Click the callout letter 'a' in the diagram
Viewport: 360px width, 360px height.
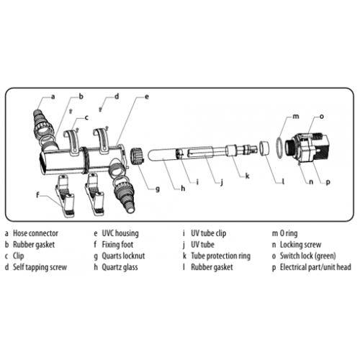(x=53, y=97)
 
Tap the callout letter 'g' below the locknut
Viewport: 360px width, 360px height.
(x=158, y=189)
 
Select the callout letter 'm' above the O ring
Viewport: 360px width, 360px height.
(x=296, y=117)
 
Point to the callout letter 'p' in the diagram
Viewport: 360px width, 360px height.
(x=328, y=182)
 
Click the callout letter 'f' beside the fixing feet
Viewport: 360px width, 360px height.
(x=37, y=195)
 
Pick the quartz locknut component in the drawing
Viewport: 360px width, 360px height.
(x=136, y=156)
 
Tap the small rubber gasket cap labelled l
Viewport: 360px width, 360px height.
(x=264, y=148)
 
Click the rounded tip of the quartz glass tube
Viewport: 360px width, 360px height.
(x=149, y=156)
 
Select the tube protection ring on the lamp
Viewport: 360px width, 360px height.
(x=232, y=150)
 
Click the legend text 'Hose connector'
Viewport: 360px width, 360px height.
(x=35, y=233)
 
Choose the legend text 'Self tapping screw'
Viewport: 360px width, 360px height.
(x=40, y=267)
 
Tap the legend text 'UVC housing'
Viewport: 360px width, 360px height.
(x=120, y=233)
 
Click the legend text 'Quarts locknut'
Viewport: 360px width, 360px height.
(x=123, y=256)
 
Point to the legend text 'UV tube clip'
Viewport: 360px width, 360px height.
(x=208, y=233)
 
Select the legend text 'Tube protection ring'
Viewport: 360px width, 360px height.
(x=220, y=256)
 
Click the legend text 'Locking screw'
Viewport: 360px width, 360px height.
(x=300, y=245)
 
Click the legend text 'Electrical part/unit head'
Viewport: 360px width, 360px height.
(x=315, y=267)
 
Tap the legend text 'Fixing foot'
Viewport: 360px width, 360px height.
(x=117, y=245)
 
